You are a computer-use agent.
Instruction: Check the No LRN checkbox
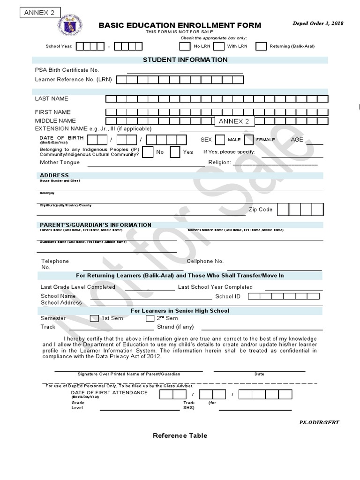[185, 46]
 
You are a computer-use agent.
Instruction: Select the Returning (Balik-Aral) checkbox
[261, 46]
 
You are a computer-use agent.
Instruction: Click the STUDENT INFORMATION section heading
[185, 60]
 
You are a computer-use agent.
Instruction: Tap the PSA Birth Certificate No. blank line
[185, 70]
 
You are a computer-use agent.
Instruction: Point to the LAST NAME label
[52, 98]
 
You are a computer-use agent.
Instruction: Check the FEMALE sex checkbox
[248, 140]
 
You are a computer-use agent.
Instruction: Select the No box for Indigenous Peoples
[147, 152]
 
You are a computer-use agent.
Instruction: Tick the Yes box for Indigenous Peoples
[175, 152]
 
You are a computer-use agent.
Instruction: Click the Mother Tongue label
[60, 162]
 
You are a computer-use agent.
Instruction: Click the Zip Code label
[261, 210]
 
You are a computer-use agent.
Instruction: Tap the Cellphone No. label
[205, 261]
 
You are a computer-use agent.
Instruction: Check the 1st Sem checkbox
[94, 318]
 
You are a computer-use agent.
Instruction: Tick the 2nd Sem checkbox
[150, 318]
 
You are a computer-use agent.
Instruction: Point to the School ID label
[228, 296]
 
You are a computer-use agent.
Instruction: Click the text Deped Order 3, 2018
[317, 23]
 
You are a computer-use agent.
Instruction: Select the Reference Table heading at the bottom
[180, 435]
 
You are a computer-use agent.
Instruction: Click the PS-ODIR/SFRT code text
[319, 422]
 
